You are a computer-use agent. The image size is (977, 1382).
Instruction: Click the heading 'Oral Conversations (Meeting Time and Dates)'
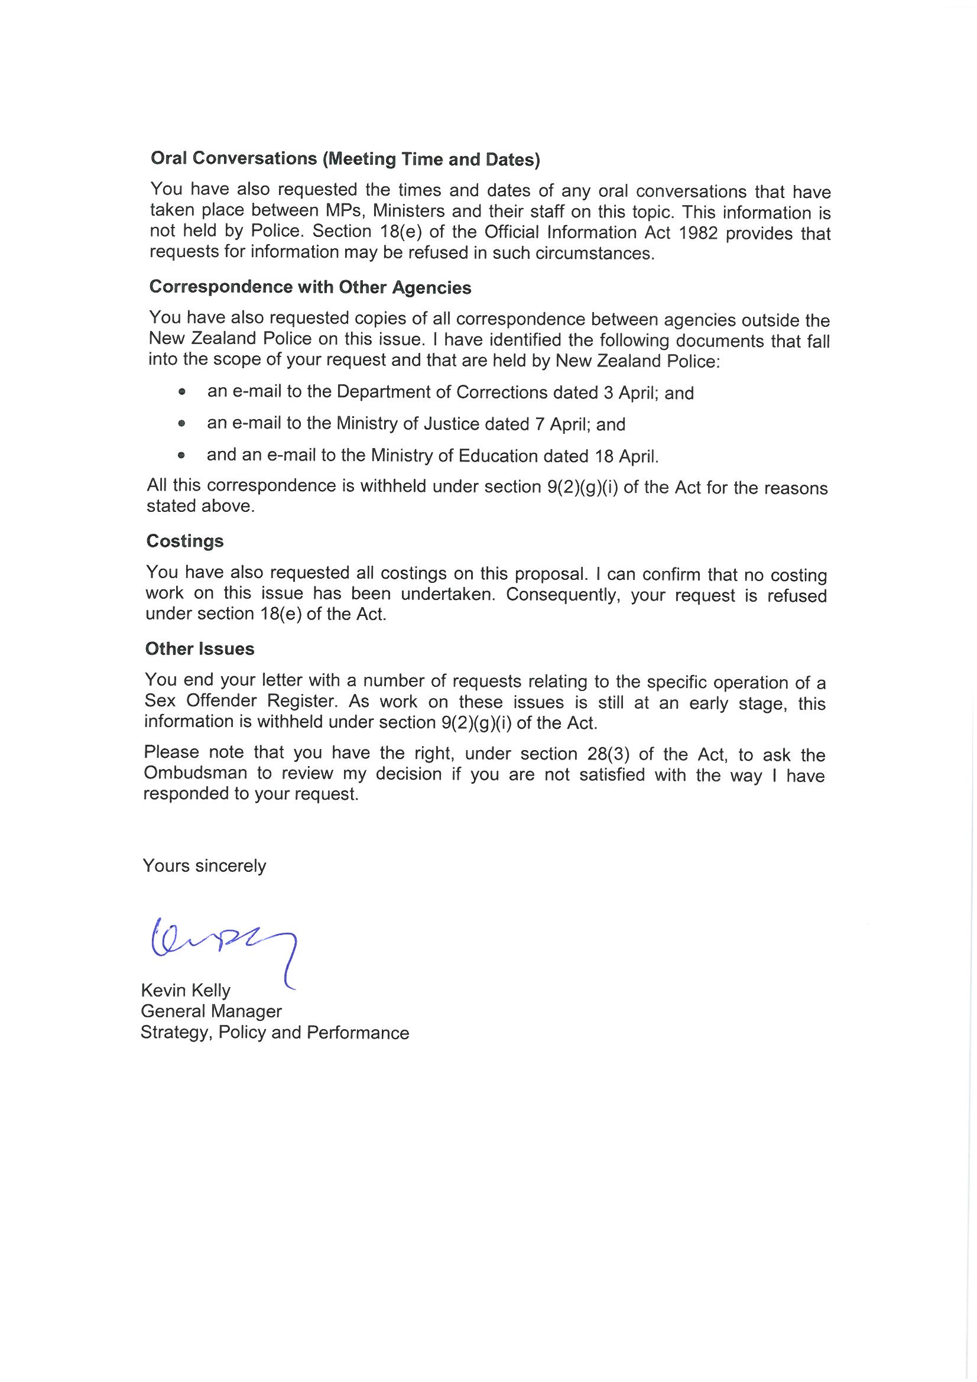[x=345, y=159]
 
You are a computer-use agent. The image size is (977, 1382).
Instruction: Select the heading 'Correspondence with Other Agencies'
[x=310, y=287]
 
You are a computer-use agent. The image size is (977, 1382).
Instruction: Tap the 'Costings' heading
[x=185, y=541]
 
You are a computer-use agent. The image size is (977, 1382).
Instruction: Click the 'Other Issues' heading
[x=200, y=649]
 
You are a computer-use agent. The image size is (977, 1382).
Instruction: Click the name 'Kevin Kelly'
[x=186, y=991]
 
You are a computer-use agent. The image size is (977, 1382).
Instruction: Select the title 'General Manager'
[x=211, y=1011]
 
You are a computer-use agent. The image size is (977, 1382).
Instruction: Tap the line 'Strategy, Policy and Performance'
[x=274, y=1032]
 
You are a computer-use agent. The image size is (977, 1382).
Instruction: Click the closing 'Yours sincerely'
[x=204, y=865]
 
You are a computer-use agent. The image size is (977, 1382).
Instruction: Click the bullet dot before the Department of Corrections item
[x=182, y=392]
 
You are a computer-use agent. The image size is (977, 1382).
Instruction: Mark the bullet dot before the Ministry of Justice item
[x=182, y=424]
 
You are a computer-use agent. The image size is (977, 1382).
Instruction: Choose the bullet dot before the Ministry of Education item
[x=181, y=456]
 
